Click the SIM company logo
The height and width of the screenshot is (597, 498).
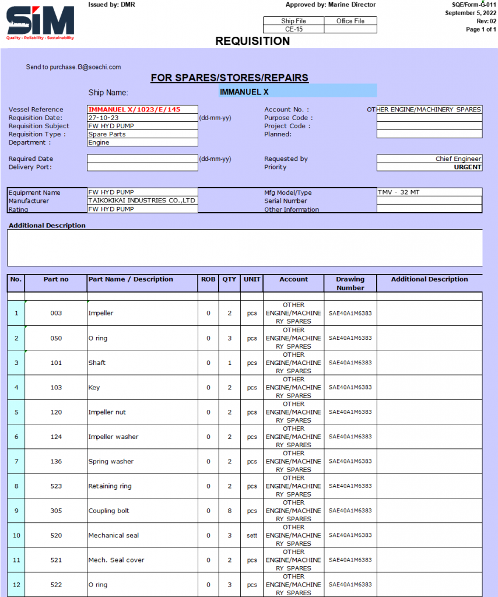(40, 22)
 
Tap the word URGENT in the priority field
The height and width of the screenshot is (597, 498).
(468, 167)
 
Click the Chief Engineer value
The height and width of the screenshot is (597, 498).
(458, 159)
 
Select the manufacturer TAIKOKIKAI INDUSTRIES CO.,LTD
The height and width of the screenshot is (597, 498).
(142, 201)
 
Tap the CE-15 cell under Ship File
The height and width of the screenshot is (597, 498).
(293, 29)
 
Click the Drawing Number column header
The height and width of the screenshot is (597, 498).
(350, 283)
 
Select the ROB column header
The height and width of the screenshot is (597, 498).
(208, 279)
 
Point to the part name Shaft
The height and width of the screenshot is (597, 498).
(97, 363)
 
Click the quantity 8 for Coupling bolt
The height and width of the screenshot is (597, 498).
(230, 511)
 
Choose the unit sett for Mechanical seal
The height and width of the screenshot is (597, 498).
(251, 535)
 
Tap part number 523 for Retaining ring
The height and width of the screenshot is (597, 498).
(56, 486)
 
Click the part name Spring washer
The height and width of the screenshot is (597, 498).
(111, 462)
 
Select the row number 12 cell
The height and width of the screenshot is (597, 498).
(16, 585)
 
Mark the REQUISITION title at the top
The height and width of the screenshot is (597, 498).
(252, 41)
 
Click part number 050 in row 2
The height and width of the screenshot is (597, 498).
(56, 338)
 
